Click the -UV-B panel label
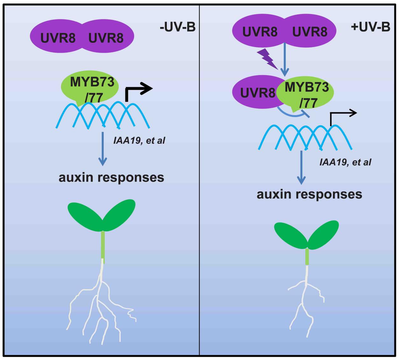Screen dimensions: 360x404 click(x=178, y=28)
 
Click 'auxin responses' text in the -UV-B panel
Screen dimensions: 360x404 click(x=111, y=177)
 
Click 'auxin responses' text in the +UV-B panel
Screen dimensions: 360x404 click(x=309, y=194)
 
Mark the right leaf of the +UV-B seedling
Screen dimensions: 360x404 click(x=323, y=235)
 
